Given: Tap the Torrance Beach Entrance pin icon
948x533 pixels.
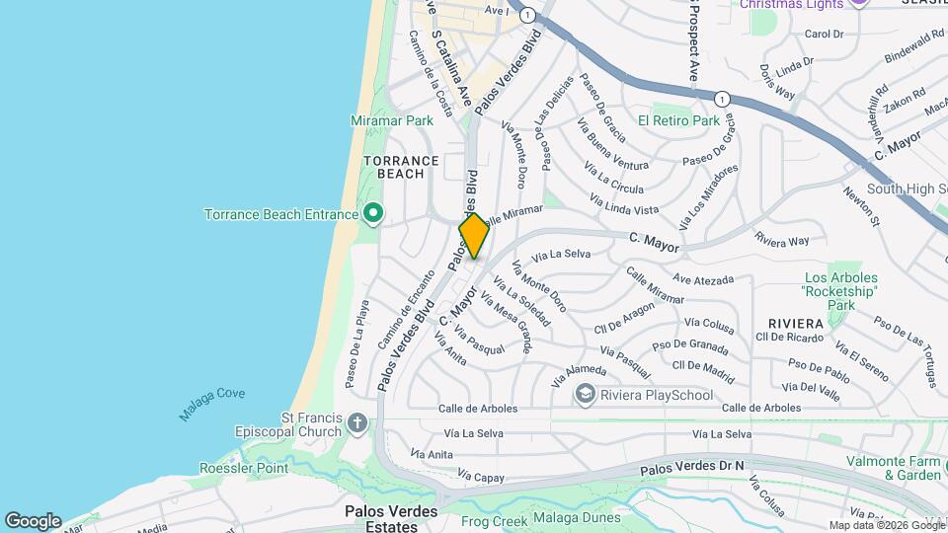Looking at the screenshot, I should click(x=373, y=213).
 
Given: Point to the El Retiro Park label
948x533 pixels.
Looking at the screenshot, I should click(x=678, y=120).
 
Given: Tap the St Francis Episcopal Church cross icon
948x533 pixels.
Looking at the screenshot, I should click(x=357, y=424).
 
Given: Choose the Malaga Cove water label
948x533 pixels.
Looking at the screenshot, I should click(x=211, y=405).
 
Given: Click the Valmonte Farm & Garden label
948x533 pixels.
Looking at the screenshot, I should click(x=894, y=468).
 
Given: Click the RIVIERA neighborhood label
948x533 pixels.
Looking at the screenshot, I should click(x=796, y=324).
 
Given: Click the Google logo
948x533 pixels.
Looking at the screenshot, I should click(x=33, y=520).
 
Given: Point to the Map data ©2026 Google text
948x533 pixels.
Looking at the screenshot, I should click(x=887, y=525).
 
